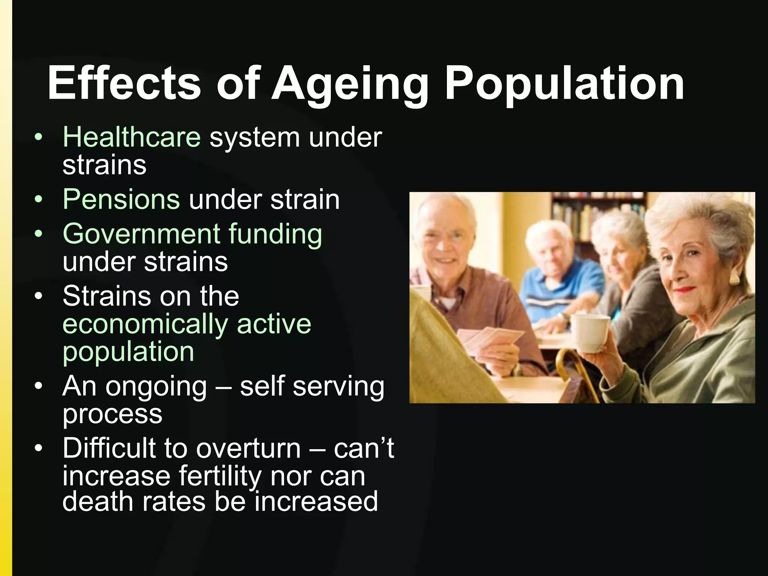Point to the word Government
pyautogui.click(x=141, y=234)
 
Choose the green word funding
pyautogui.click(x=275, y=234)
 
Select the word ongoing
pyautogui.click(x=156, y=387)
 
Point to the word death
pyautogui.click(x=97, y=501)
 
